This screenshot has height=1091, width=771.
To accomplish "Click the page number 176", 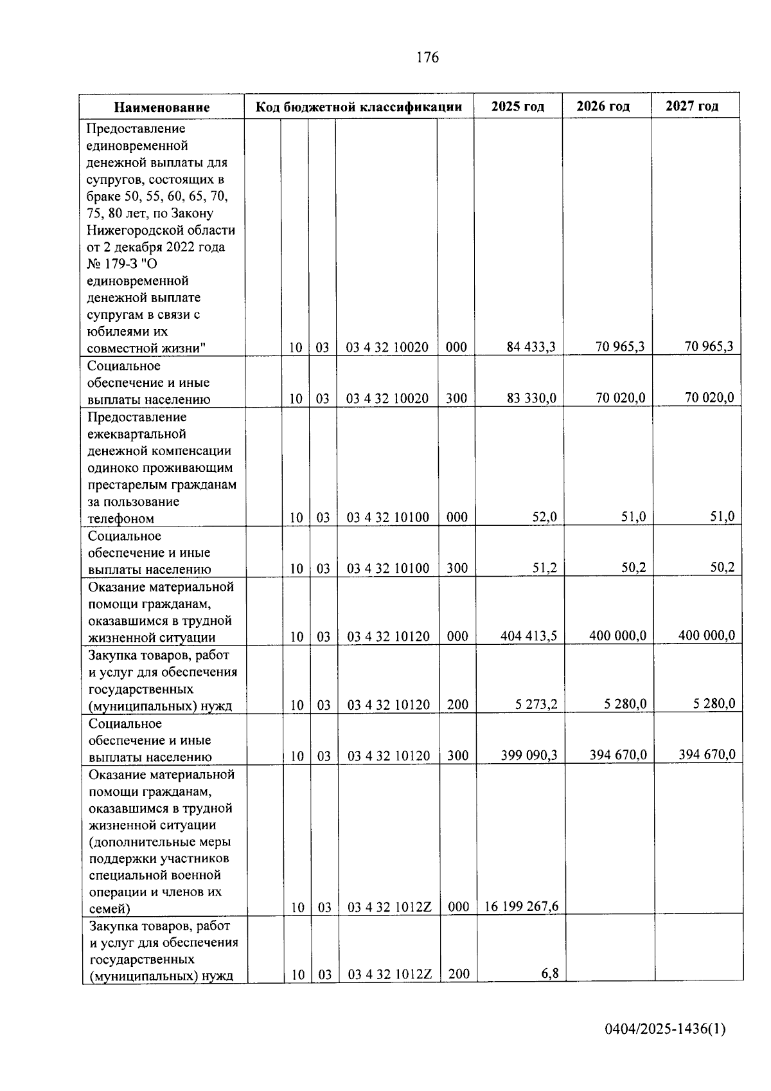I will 427,58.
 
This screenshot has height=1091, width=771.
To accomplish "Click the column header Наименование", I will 162,107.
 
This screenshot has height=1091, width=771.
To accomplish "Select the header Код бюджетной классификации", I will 359,107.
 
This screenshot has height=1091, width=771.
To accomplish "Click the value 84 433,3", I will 531,347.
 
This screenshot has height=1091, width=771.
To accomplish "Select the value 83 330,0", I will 531,398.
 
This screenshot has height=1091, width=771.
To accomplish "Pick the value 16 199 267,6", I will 521,906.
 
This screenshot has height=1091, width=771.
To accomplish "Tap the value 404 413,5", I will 529,636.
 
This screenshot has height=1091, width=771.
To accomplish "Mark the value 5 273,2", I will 536,705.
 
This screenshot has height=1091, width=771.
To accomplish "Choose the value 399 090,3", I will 529,755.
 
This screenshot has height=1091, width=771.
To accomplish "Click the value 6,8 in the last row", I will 550,974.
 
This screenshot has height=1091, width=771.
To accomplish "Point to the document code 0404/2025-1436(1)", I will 665,1029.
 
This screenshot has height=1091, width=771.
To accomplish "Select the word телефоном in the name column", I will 121,519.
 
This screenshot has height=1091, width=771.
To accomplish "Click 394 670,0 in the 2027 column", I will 707,755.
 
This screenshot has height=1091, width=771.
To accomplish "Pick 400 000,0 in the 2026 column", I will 617,636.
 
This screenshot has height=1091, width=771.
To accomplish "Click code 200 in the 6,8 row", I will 459,974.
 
